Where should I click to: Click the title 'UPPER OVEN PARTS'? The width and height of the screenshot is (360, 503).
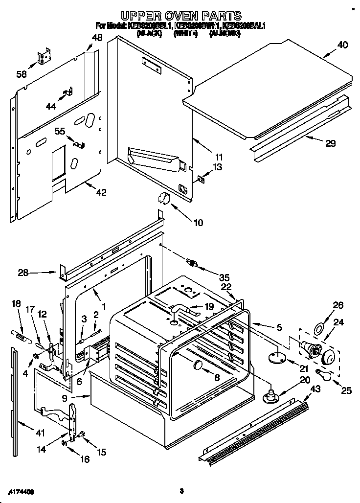pos(181,16)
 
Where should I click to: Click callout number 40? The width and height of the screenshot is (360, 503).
pos(342,46)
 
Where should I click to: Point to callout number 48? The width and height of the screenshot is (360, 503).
pos(97,37)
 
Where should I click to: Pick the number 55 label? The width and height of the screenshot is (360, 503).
pos(60,131)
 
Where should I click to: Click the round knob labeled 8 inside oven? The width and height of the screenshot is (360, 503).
pos(198,365)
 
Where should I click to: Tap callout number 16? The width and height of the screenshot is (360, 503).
pos(85,459)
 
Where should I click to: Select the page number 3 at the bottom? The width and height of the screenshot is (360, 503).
pos(181,491)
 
